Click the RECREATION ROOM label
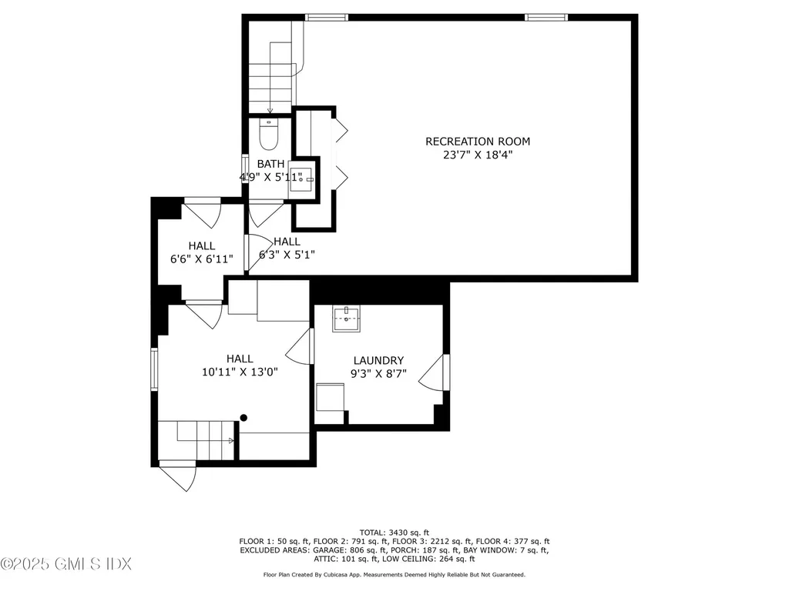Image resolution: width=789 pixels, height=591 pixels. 478,141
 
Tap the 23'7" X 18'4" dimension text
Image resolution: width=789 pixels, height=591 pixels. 478,155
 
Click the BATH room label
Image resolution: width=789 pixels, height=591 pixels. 270,164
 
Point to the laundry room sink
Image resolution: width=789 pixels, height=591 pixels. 346,318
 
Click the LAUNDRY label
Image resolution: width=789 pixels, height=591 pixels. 378,360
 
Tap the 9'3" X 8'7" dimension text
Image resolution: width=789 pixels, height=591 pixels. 378,374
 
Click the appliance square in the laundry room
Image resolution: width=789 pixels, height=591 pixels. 330,399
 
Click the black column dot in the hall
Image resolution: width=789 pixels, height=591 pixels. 244,418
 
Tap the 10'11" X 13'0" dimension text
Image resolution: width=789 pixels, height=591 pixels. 240,372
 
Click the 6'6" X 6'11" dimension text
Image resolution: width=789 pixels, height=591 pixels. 202,259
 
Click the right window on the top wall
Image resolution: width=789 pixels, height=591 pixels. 546,17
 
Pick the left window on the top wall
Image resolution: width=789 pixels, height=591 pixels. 327,17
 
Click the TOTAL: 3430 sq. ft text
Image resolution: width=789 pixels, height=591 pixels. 394,532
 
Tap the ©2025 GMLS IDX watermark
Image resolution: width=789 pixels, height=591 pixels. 66,565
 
